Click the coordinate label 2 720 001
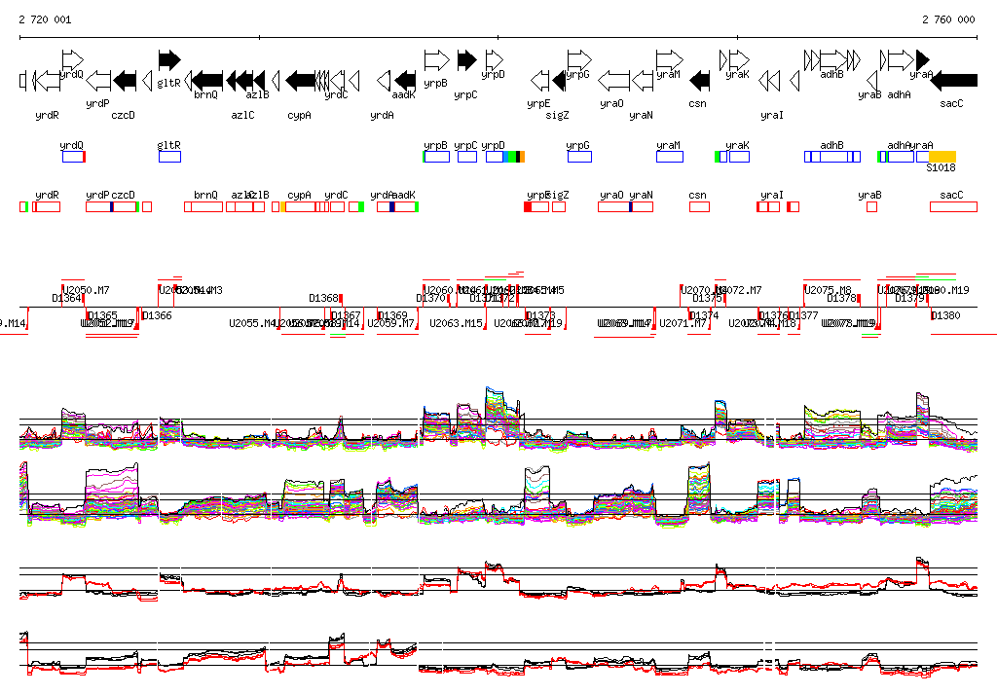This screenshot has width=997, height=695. click(45, 19)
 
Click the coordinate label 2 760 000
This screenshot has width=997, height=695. click(948, 19)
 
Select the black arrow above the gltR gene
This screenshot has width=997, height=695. click(169, 59)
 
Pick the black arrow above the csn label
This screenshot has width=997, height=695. click(699, 80)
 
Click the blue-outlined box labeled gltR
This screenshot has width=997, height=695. click(169, 157)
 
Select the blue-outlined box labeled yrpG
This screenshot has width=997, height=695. click(578, 157)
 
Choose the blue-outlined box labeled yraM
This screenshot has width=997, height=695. click(668, 157)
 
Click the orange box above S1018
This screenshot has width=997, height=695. click(942, 157)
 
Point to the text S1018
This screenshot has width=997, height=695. click(942, 168)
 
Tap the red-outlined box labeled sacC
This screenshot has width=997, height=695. click(952, 206)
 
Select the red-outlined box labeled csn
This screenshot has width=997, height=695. click(698, 206)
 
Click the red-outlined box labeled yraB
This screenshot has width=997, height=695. click(871, 206)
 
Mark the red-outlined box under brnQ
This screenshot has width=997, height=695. click(205, 206)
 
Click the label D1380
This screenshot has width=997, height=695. click(945, 315)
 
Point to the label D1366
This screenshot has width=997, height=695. click(157, 315)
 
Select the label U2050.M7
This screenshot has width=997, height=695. click(86, 290)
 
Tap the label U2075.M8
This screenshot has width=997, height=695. click(828, 290)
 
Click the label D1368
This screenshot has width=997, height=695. click(324, 298)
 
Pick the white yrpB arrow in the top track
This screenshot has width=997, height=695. click(436, 59)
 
